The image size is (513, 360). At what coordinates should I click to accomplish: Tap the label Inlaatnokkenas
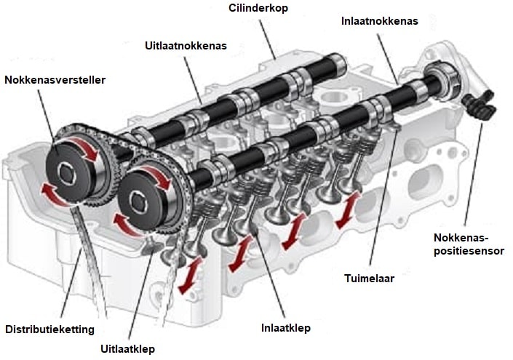[x=380, y=21]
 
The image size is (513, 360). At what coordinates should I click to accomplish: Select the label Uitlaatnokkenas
[x=186, y=45]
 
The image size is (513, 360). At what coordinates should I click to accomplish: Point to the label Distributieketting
[x=49, y=329]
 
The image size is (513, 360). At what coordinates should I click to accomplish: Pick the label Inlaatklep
[x=286, y=328]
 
